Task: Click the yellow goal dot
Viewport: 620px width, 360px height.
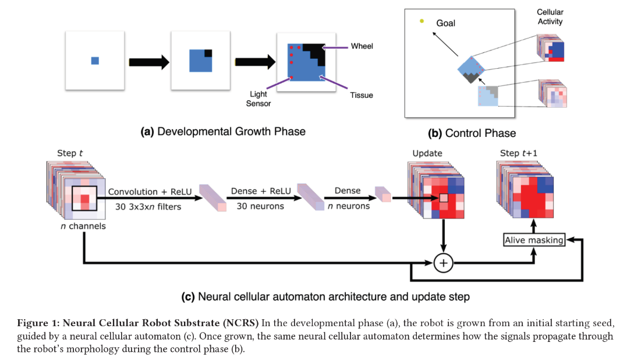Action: [x=422, y=21]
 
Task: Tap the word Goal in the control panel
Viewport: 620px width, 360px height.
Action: [x=445, y=23]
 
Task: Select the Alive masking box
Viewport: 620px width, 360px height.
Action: [x=534, y=240]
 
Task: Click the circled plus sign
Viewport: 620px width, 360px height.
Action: [x=443, y=263]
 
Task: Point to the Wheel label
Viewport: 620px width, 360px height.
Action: [x=362, y=46]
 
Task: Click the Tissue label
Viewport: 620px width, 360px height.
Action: [x=362, y=96]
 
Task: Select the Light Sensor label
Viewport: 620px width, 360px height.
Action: [x=258, y=99]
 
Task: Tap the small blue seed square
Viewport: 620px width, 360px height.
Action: [x=95, y=61]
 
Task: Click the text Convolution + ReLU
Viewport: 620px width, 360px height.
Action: [x=150, y=192]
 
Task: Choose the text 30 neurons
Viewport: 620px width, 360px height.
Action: [x=260, y=206]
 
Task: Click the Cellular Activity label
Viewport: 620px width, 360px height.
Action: [x=550, y=17]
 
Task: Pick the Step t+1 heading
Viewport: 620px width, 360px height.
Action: [x=518, y=153]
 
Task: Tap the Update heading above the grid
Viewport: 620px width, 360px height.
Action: [x=427, y=153]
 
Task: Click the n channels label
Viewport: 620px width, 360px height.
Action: [x=83, y=226]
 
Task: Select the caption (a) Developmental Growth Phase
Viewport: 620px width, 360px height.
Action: [x=223, y=132]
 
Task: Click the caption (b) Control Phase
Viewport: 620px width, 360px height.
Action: [x=472, y=133]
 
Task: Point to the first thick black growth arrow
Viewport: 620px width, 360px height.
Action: [x=149, y=62]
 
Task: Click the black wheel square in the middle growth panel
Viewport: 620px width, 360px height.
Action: [x=208, y=53]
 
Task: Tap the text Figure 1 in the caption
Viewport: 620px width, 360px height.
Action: [x=38, y=323]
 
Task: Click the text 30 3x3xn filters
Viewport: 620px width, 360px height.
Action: [x=148, y=207]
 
